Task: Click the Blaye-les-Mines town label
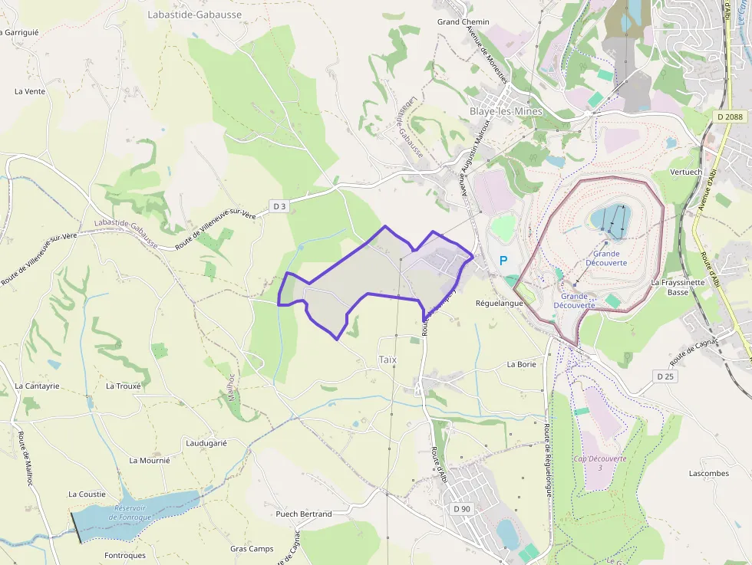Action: [505, 111]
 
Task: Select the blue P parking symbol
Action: [503, 261]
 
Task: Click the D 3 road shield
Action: [280, 206]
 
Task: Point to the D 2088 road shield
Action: [728, 117]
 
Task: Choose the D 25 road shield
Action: [665, 376]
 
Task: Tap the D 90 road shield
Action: [461, 508]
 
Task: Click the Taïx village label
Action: [388, 360]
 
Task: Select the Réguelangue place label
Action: [499, 303]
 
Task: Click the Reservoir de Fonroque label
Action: [130, 513]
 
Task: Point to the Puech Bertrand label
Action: [304, 514]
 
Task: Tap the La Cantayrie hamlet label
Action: [37, 386]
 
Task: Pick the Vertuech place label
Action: [685, 172]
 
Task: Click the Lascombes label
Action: [708, 473]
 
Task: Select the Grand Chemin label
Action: [463, 22]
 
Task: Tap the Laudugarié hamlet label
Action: [206, 443]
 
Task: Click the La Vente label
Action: [30, 91]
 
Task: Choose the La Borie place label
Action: [521, 364]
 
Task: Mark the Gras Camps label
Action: [252, 549]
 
